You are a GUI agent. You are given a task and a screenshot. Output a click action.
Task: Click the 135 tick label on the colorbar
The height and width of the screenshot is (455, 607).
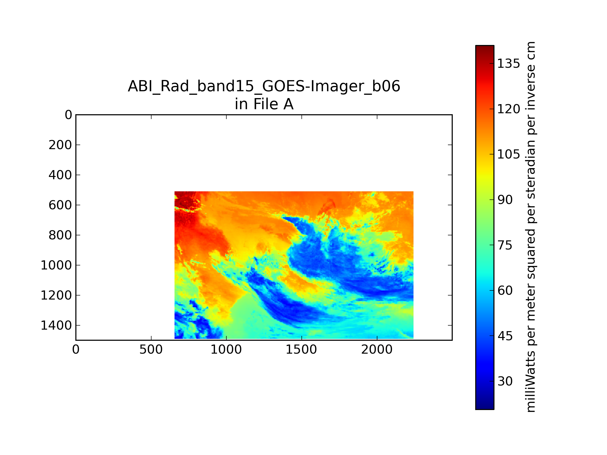508,64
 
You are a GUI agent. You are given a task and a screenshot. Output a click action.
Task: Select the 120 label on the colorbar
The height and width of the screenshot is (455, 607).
508,109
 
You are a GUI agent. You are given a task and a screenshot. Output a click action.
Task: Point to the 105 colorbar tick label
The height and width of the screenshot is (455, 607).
508,154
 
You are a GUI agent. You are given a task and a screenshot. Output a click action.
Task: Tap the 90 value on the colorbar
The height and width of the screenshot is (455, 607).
505,200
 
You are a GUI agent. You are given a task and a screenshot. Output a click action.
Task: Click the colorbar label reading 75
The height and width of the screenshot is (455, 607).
505,245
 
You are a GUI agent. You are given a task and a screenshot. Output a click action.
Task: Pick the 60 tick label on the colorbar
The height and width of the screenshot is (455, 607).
505,290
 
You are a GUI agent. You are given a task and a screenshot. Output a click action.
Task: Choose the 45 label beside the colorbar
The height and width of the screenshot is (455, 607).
505,336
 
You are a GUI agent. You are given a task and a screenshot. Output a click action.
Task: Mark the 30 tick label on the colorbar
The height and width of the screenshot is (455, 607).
505,381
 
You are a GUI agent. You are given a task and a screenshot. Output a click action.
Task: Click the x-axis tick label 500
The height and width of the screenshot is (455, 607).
151,350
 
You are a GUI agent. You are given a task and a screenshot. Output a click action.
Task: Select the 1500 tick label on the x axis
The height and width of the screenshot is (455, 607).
301,350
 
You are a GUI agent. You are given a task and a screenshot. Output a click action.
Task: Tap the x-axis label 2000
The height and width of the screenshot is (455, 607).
377,350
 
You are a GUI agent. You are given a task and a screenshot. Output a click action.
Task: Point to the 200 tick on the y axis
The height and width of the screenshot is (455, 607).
60,145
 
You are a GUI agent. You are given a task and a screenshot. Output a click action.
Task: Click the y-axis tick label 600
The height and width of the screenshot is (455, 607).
60,205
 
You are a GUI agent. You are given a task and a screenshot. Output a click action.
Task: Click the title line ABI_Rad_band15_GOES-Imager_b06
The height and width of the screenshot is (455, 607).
264,87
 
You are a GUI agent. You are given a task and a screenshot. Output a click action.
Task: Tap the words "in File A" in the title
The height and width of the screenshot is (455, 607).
264,104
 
